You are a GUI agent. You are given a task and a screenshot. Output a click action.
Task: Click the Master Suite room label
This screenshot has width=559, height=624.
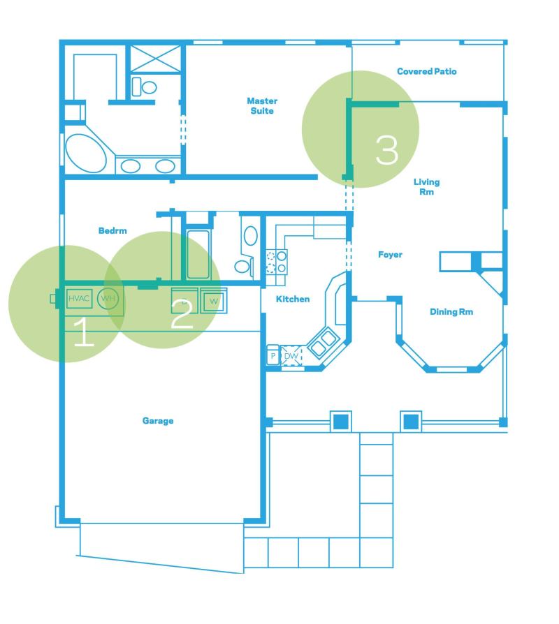[x=262, y=106]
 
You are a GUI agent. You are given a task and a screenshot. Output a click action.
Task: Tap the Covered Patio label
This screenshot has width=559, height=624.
[x=427, y=72]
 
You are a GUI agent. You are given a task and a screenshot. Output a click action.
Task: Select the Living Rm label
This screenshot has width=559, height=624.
[x=426, y=186]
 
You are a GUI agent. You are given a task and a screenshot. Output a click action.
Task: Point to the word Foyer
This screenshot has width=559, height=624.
[x=390, y=255]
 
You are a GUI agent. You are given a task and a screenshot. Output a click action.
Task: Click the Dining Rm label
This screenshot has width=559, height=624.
[x=451, y=311]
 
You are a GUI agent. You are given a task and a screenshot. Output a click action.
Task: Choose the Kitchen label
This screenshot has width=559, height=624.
[x=293, y=299]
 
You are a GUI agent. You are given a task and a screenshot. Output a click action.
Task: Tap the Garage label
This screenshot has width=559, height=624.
[x=158, y=421]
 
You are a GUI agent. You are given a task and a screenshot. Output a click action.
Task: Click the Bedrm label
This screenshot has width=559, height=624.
[x=112, y=230]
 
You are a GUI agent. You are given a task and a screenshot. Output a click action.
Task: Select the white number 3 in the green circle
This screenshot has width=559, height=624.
[x=387, y=150]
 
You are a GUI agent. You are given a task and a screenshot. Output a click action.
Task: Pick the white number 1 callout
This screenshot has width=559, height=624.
[x=84, y=332]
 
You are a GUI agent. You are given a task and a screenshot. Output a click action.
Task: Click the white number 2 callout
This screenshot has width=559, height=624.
[x=182, y=314]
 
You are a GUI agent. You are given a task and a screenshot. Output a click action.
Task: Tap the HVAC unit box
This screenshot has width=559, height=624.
[x=79, y=299]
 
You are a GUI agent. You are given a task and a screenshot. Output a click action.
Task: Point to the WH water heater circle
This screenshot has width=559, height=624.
[x=108, y=298]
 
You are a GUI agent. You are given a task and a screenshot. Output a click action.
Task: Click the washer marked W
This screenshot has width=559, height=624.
[x=214, y=301]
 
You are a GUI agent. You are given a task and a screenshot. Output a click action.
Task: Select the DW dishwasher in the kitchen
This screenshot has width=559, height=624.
[x=291, y=356]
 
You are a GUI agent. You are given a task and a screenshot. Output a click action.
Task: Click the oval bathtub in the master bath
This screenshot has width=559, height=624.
[x=86, y=154]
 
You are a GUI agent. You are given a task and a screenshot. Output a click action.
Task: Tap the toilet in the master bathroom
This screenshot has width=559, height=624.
[x=144, y=87]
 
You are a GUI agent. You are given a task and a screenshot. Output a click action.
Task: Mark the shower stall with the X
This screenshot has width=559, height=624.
[x=156, y=59]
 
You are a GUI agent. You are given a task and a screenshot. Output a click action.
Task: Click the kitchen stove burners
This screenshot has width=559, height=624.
[x=276, y=262]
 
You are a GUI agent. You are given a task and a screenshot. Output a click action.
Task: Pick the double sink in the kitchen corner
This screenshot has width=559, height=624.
[x=323, y=343]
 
